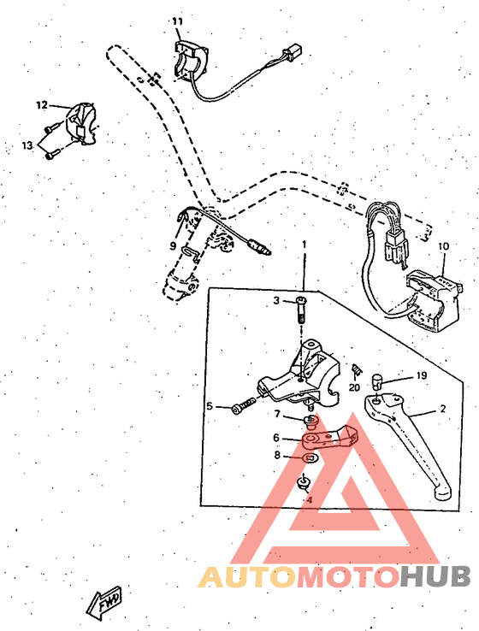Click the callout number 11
point(177,21)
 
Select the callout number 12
point(41,105)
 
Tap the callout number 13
point(27,146)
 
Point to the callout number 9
point(173,245)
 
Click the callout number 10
point(443,246)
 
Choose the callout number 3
point(276,300)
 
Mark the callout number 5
point(210,406)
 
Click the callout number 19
point(421,375)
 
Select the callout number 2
point(443,409)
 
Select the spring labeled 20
point(358,369)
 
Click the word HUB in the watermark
point(435,578)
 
